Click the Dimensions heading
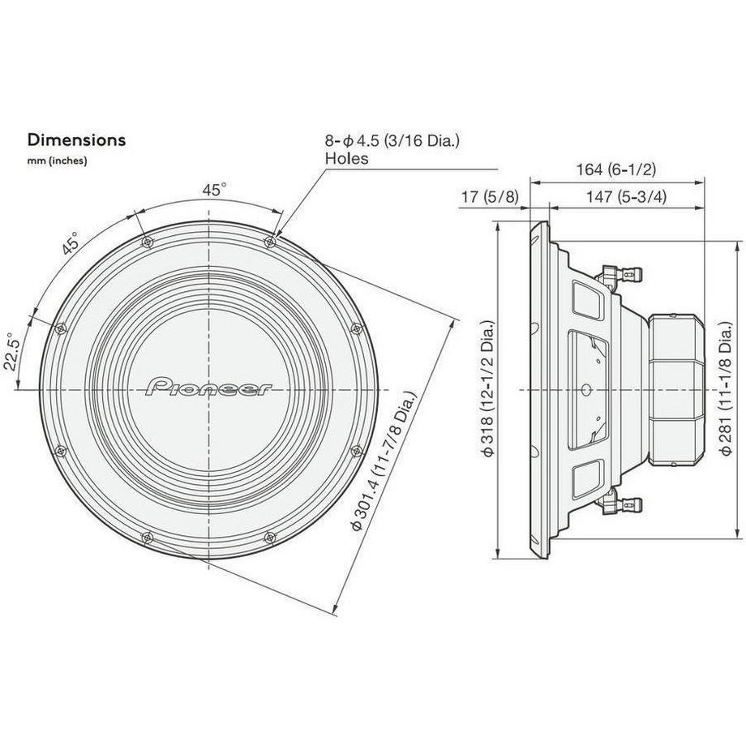[77, 139]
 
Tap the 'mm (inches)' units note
[58, 161]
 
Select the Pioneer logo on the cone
[210, 388]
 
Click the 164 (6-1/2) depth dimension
[615, 169]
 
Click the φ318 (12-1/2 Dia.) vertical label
[487, 391]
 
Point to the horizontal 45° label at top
[214, 191]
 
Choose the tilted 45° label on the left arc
[70, 243]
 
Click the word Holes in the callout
[346, 159]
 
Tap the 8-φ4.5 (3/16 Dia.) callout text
[392, 141]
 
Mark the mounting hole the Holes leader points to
[270, 241]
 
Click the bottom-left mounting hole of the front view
[147, 537]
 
